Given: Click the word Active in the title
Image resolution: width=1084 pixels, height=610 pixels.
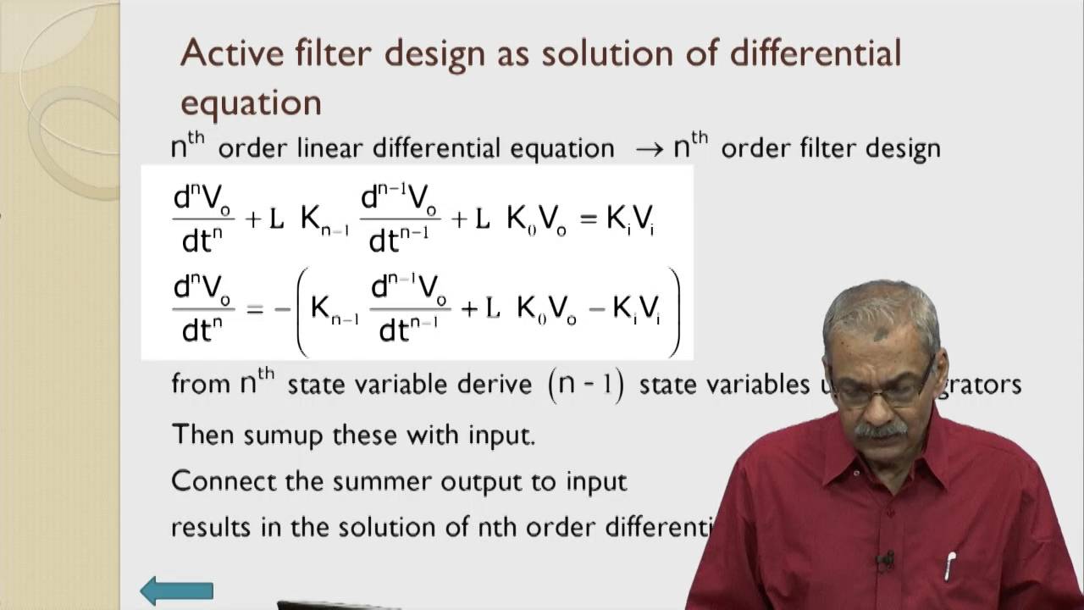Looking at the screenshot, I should tap(229, 53).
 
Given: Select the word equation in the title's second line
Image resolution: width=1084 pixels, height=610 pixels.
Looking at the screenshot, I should tap(251, 103).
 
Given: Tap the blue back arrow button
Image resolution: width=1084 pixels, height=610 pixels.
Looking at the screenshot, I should tap(176, 591).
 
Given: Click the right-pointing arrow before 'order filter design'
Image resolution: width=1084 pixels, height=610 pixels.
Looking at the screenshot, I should tap(649, 149).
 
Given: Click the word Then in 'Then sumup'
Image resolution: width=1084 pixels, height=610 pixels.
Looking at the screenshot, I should tap(204, 435).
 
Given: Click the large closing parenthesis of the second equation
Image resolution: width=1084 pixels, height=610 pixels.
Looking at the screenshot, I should tap(673, 312).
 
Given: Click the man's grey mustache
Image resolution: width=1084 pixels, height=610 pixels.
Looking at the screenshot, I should tap(881, 430).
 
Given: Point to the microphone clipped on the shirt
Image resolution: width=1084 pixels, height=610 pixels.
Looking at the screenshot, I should tap(886, 560).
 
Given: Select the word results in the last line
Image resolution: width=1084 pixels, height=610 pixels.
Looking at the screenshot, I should tap(211, 527).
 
